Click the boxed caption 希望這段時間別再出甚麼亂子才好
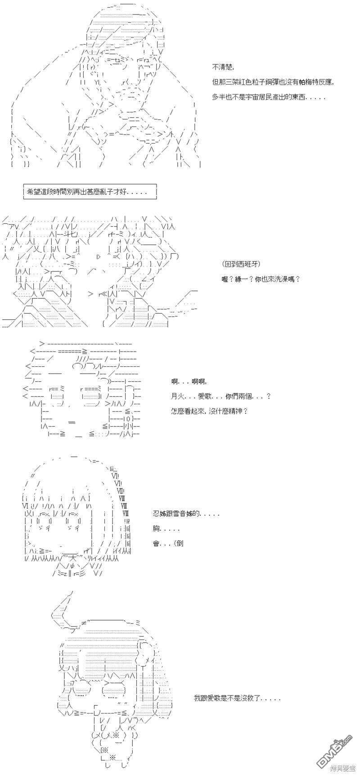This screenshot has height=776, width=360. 90,192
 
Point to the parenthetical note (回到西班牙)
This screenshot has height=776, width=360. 241,264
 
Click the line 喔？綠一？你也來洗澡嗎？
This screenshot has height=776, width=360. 261,279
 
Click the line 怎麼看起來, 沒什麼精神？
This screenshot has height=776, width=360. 210,411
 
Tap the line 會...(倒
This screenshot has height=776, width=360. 168,543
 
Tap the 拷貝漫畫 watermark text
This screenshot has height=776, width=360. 342,768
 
